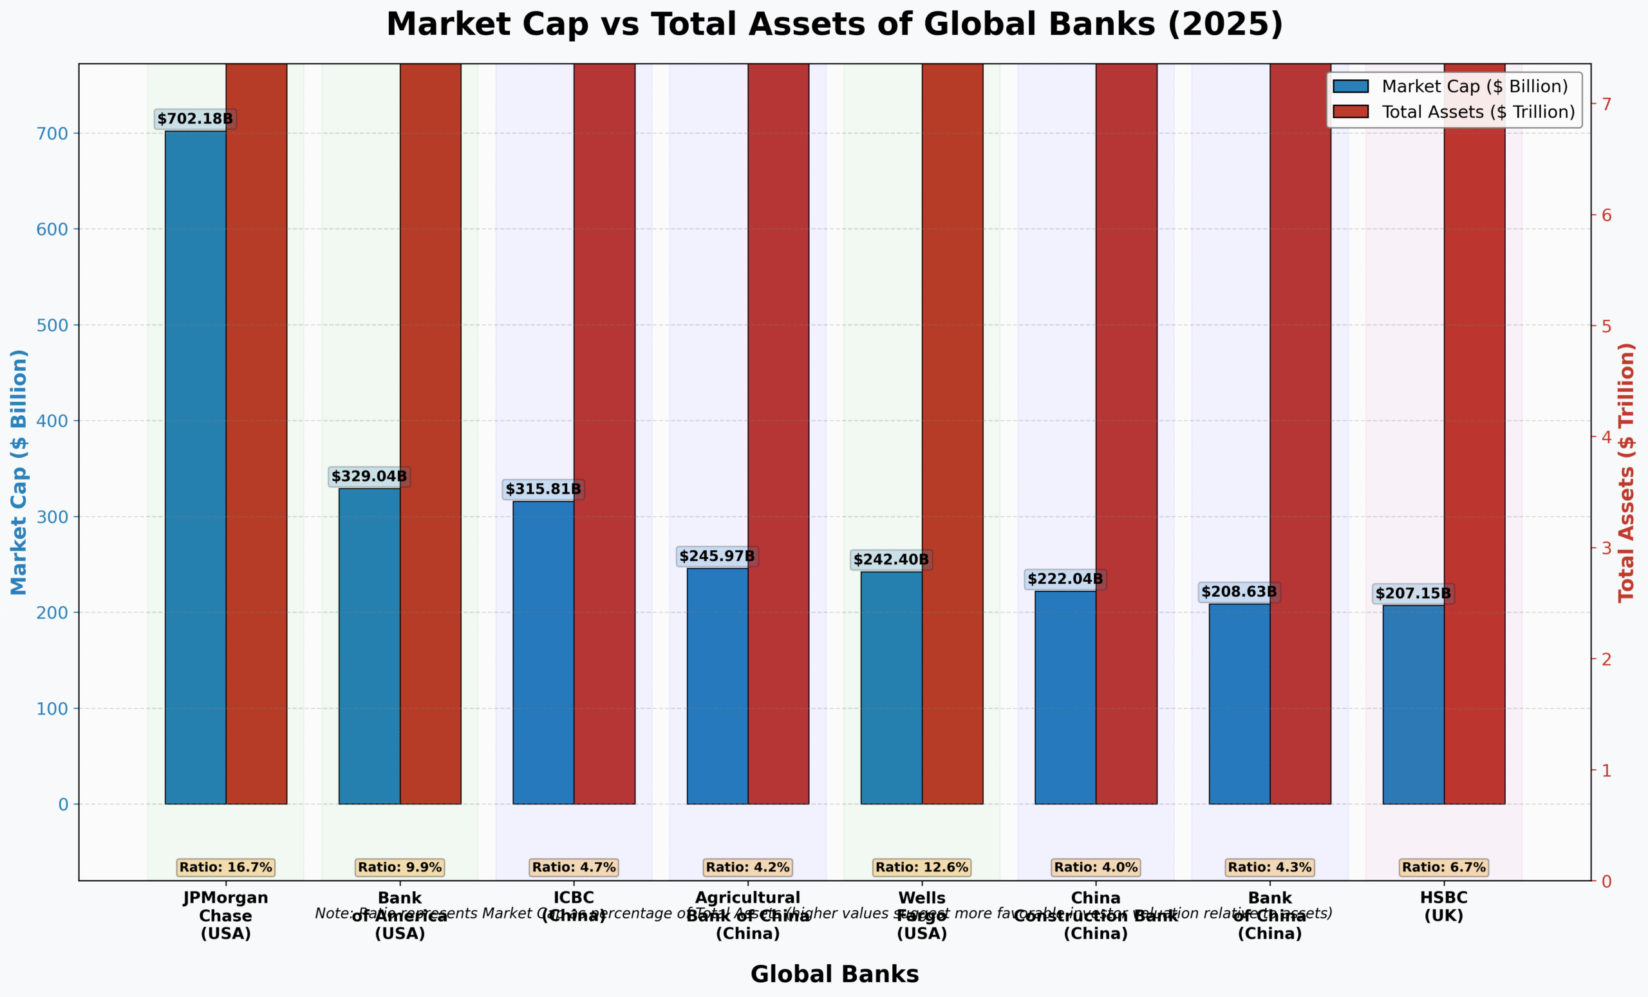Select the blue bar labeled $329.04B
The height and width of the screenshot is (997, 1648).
tap(370, 646)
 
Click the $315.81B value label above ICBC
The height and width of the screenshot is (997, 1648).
tap(543, 489)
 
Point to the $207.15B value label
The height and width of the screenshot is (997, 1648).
tap(1412, 594)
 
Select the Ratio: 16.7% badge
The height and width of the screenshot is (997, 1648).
tap(225, 867)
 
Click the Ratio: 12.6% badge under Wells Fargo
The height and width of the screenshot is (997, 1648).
tap(922, 867)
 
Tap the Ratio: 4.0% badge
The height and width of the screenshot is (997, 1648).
tap(1096, 867)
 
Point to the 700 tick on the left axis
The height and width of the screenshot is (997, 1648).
tap(52, 134)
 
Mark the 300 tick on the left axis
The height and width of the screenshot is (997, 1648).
tap(52, 517)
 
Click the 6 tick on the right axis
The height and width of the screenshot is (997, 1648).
tap(1606, 216)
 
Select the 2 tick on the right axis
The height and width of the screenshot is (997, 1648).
tap(1606, 659)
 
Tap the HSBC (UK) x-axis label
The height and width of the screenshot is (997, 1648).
tap(1443, 907)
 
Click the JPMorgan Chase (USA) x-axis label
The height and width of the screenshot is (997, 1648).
tap(225, 915)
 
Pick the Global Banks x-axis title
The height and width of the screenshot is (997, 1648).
tap(834, 974)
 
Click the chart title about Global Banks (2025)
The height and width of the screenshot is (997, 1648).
tap(834, 24)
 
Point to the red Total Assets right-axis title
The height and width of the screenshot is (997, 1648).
tap(1627, 472)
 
